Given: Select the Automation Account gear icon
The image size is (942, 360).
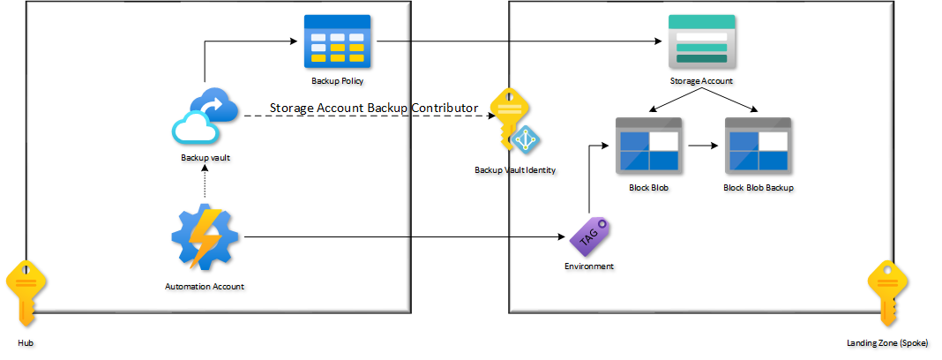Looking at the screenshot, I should tap(206, 236).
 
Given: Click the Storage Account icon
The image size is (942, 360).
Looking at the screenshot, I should tap(701, 41).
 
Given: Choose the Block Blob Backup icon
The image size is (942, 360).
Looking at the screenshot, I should tap(758, 147).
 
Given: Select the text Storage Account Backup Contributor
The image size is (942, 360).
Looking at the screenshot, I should tap(374, 108).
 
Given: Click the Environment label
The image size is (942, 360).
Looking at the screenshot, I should tap(589, 266).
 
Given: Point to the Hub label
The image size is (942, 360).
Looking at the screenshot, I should tap(26, 341).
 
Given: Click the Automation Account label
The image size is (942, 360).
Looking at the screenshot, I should tap(205, 286).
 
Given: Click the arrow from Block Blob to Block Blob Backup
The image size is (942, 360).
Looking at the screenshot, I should tap(701, 147).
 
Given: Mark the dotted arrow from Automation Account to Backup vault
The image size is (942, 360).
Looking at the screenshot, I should tap(205, 183).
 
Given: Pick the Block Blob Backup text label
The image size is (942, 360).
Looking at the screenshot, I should tap(758, 188).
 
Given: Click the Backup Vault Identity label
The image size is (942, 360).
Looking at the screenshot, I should tap(515, 169).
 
